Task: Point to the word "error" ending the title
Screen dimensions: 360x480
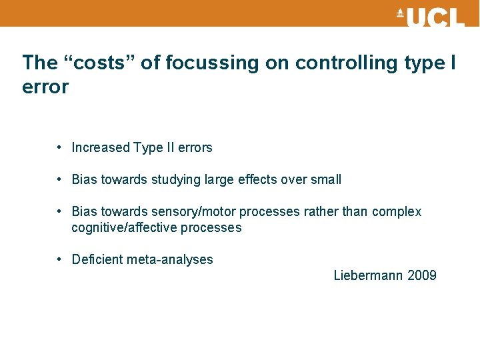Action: click(45, 87)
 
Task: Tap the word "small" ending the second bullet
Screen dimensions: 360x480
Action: click(326, 180)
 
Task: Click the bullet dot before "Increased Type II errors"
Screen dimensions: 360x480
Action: click(60, 147)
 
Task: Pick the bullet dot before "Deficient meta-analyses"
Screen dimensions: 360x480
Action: click(60, 259)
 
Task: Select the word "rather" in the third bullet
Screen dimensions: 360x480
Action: click(321, 212)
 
